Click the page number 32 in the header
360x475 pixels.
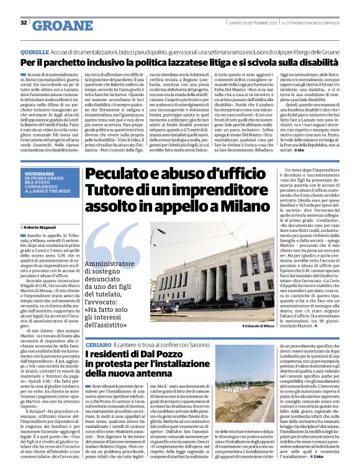pyautogui.click(x=24, y=22)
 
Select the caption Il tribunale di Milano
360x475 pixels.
pyautogui.click(x=261, y=327)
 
